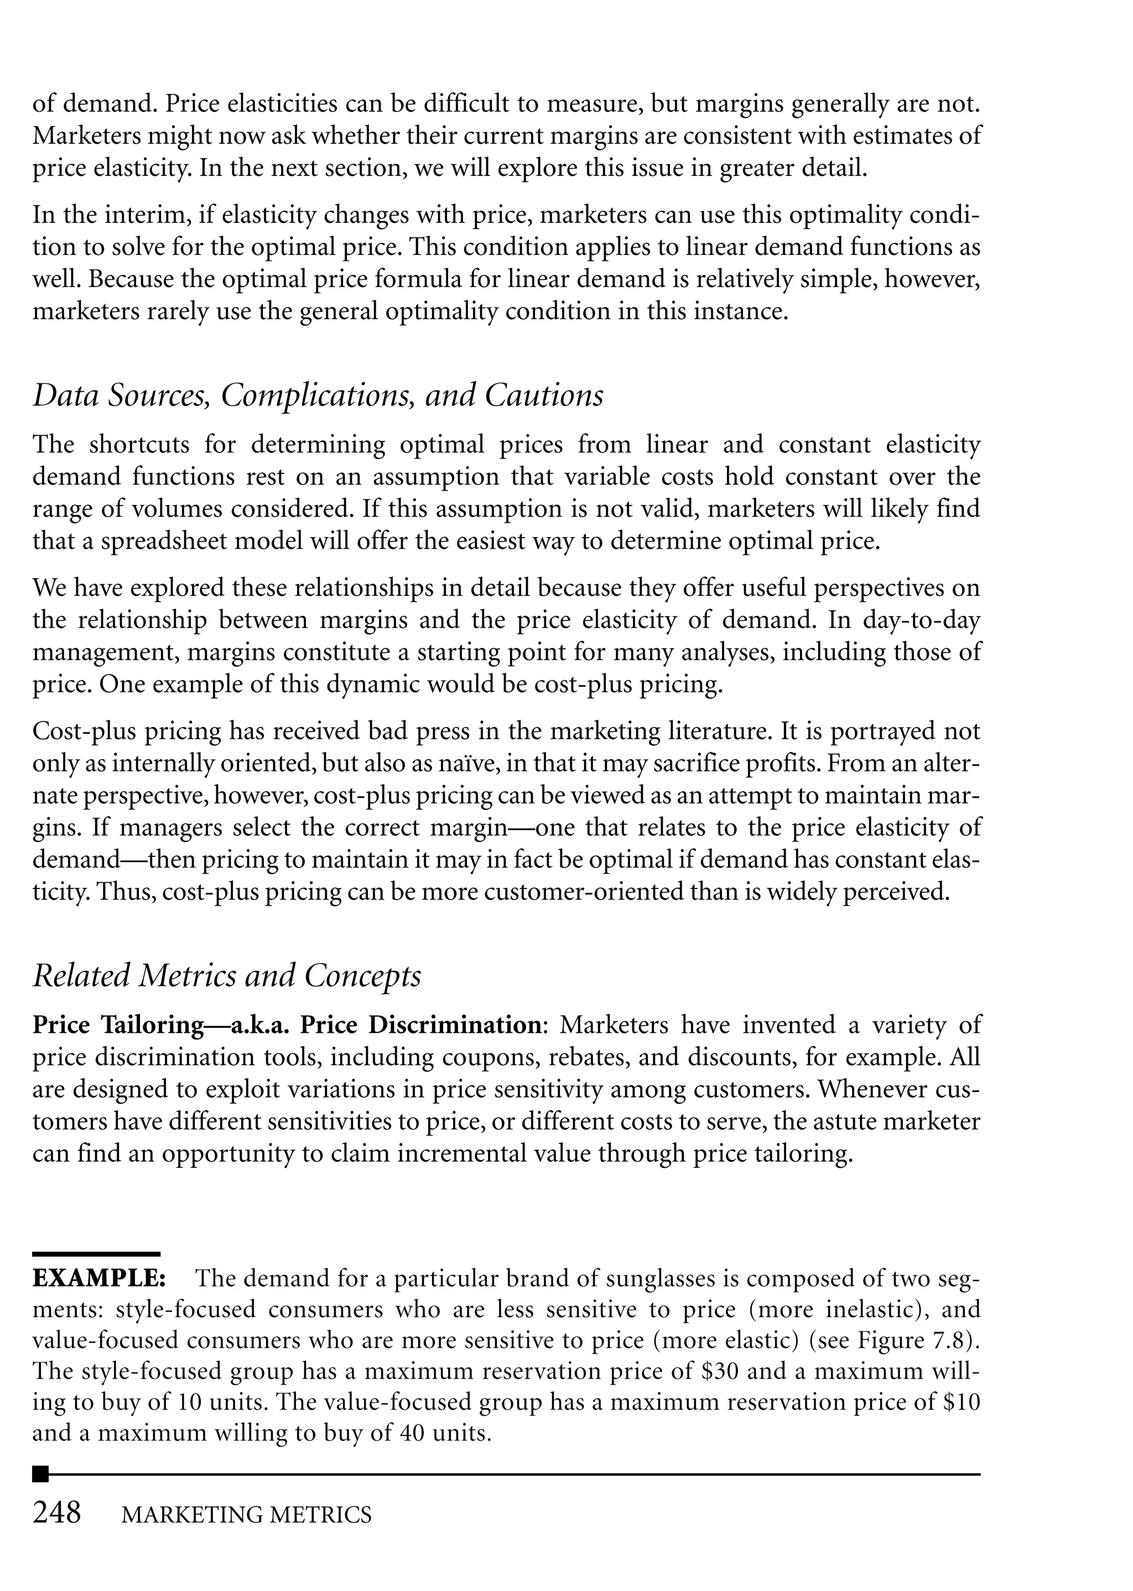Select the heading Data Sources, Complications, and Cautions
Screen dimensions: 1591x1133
pyautogui.click(x=318, y=396)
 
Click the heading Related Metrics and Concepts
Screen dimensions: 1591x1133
pyautogui.click(x=227, y=975)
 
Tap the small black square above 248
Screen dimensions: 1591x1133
pyautogui.click(x=41, y=1474)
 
